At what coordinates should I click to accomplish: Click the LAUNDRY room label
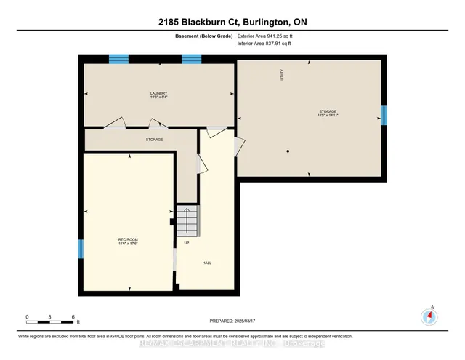(159, 93)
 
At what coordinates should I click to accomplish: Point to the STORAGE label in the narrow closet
(153, 139)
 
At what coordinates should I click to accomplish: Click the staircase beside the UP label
(187, 220)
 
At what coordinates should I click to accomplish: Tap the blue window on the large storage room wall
(384, 115)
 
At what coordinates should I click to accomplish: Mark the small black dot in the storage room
(288, 151)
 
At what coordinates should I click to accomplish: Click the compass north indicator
(430, 315)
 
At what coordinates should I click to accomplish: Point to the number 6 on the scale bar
(73, 317)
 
